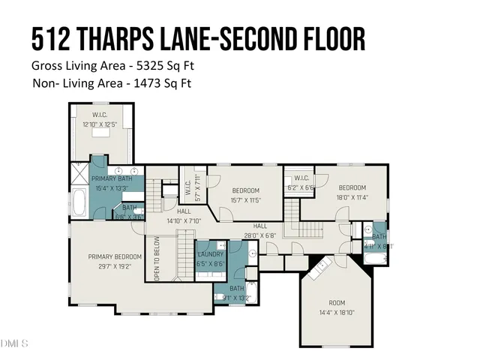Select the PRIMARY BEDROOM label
click(x=114, y=256)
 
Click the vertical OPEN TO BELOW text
click(x=157, y=259)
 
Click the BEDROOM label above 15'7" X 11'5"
click(x=245, y=190)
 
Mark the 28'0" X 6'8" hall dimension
click(x=260, y=235)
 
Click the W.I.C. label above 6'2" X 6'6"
click(x=301, y=178)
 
